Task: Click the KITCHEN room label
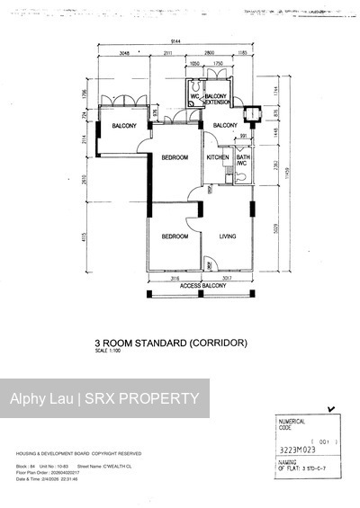pyautogui.click(x=218, y=157)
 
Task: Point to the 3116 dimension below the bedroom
pyautogui.click(x=175, y=278)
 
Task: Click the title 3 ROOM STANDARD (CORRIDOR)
pyautogui.click(x=170, y=343)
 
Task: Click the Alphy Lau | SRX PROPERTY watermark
pyautogui.click(x=104, y=398)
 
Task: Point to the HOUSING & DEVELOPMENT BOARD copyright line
pyautogui.click(x=79, y=453)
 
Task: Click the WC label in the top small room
pyautogui.click(x=193, y=95)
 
